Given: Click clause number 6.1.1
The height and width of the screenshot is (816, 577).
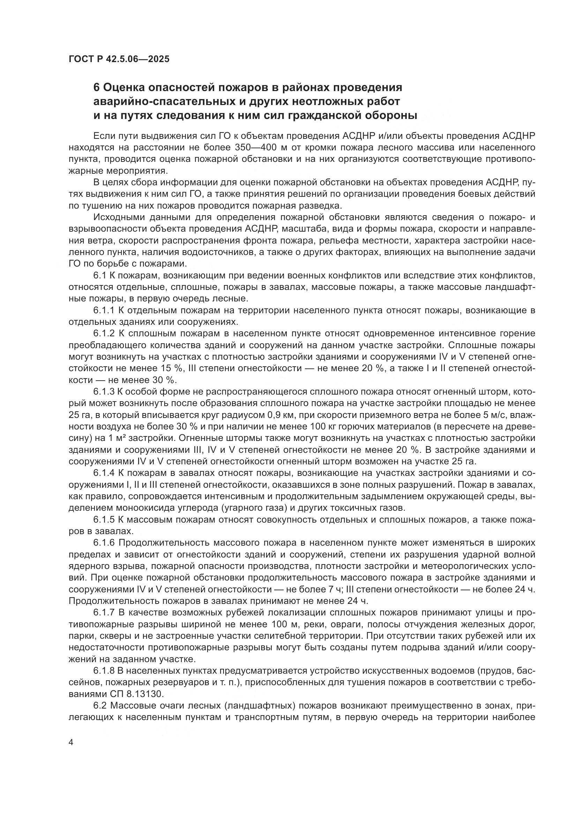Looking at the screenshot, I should (103, 310).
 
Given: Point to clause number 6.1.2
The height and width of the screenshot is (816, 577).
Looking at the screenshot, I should (103, 334).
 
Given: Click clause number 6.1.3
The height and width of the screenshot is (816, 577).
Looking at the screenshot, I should (103, 392).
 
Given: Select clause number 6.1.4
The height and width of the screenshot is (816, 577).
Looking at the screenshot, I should (103, 473).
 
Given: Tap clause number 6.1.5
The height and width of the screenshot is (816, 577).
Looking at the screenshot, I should (103, 520).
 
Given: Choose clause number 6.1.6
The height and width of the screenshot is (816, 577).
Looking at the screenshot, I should (103, 543).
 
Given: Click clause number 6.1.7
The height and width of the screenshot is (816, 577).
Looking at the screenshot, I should (103, 613).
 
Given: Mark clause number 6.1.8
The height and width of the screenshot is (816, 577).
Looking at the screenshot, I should (103, 671).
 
